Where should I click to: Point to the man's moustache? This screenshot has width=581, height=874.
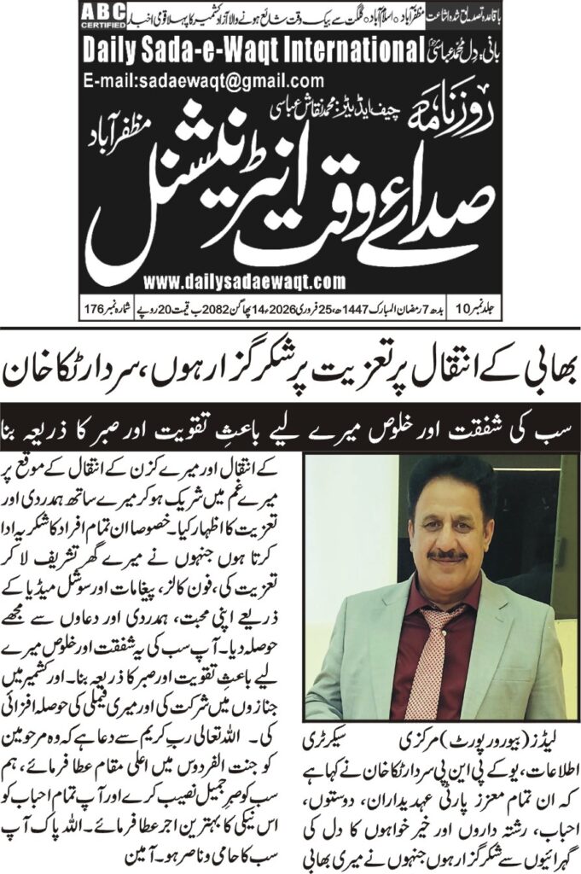coord(448,555)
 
